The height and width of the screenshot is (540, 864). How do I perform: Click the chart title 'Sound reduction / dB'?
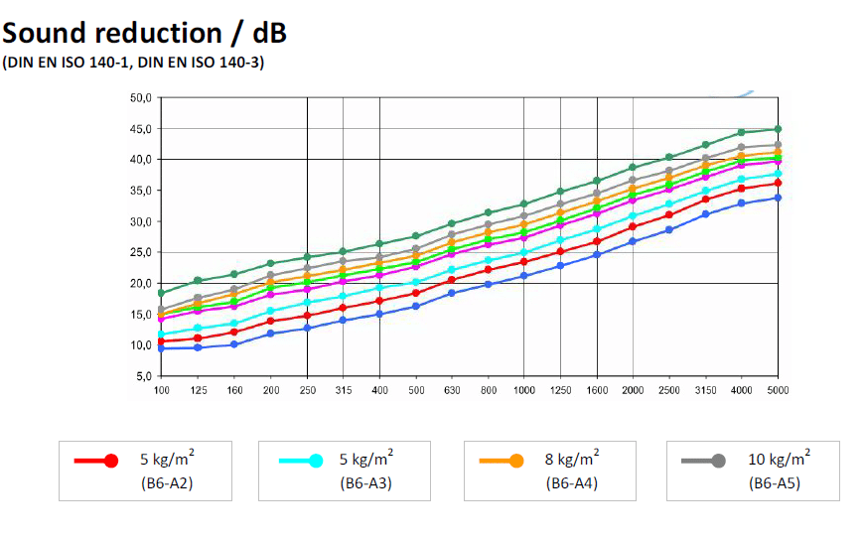point(145,33)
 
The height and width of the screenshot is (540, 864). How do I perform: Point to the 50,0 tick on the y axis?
point(139,98)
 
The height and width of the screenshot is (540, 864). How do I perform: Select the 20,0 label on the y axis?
point(139,284)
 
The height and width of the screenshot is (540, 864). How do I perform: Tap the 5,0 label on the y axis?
point(142,377)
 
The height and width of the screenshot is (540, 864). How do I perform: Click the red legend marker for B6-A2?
point(110,461)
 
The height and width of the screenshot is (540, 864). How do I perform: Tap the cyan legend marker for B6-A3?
point(315,461)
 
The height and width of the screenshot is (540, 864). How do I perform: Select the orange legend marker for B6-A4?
point(515,461)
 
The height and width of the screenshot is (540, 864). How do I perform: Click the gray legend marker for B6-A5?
point(718,461)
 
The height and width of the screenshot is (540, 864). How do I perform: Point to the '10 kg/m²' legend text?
point(780,459)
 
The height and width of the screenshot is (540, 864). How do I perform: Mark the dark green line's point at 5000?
point(778,129)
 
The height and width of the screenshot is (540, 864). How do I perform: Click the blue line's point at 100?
point(161,348)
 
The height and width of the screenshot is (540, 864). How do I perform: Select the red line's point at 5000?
point(778,183)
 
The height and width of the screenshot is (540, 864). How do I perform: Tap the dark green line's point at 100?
point(161,293)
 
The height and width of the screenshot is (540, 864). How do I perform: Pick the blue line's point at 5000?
point(778,198)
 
